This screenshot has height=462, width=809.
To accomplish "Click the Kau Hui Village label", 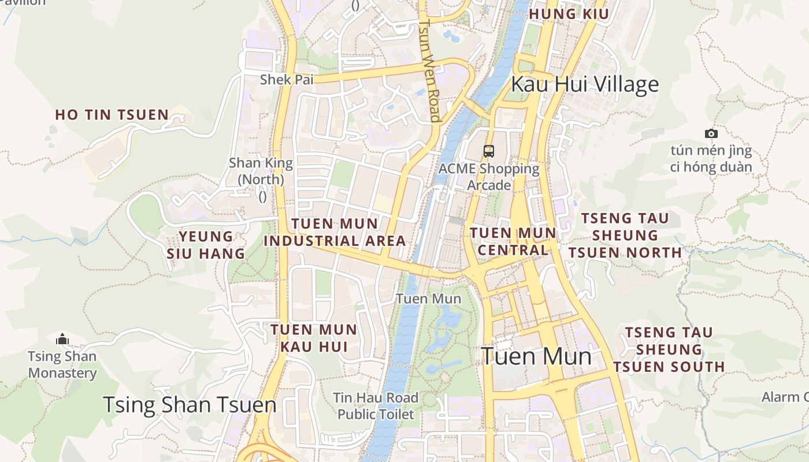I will (x=585, y=84).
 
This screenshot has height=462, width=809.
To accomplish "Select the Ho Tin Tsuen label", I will (x=112, y=114).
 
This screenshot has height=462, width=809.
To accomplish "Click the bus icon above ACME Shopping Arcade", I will (x=489, y=152).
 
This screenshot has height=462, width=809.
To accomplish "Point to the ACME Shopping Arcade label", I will (x=489, y=177).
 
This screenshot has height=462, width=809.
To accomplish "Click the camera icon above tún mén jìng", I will (x=711, y=134).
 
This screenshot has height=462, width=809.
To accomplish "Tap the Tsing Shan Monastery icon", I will (x=62, y=339).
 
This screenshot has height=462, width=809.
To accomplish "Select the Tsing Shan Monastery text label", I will (x=62, y=364).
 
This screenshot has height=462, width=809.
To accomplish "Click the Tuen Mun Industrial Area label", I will (x=335, y=232).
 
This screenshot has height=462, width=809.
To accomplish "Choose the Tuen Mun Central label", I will (x=513, y=241).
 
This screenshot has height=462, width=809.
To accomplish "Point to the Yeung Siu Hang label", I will (x=206, y=245).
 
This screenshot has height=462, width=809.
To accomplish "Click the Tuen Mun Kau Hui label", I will (x=314, y=338).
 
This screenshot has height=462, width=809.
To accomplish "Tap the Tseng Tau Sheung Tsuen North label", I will (x=625, y=236).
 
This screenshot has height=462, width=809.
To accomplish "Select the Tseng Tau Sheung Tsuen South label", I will (x=669, y=349).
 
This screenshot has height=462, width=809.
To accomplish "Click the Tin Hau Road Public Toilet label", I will (x=376, y=406).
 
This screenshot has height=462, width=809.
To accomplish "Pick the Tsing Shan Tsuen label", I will (x=190, y=405).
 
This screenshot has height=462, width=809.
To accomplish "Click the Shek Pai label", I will (x=287, y=79).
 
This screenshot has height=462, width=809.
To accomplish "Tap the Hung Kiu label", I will (x=569, y=14).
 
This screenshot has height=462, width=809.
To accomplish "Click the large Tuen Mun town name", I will (x=536, y=356).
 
